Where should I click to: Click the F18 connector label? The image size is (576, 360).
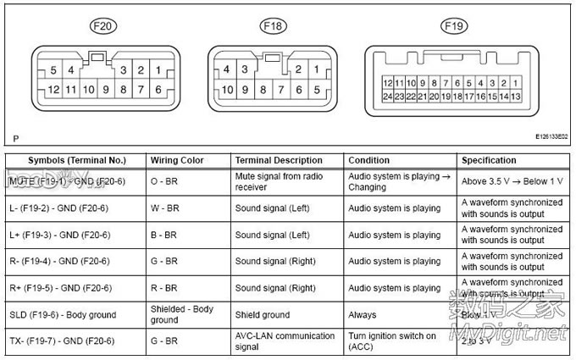pos(272,26)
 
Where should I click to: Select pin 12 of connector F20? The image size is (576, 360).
pos(53,89)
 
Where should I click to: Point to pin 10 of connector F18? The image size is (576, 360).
pos(227,89)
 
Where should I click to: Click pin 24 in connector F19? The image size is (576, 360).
pos(387,97)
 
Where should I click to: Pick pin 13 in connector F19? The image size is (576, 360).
pos(515,97)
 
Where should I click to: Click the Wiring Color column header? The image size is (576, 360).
pos(176,160)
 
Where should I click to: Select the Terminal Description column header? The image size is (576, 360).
pos(279,160)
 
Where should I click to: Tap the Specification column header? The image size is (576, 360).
pos(489,160)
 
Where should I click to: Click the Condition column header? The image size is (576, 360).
pos(368,160)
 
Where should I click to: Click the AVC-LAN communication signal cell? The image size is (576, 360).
pos(285,341)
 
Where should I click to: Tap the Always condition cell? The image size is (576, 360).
pos(362,315)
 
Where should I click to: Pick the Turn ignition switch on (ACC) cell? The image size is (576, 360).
pos(392,341)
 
